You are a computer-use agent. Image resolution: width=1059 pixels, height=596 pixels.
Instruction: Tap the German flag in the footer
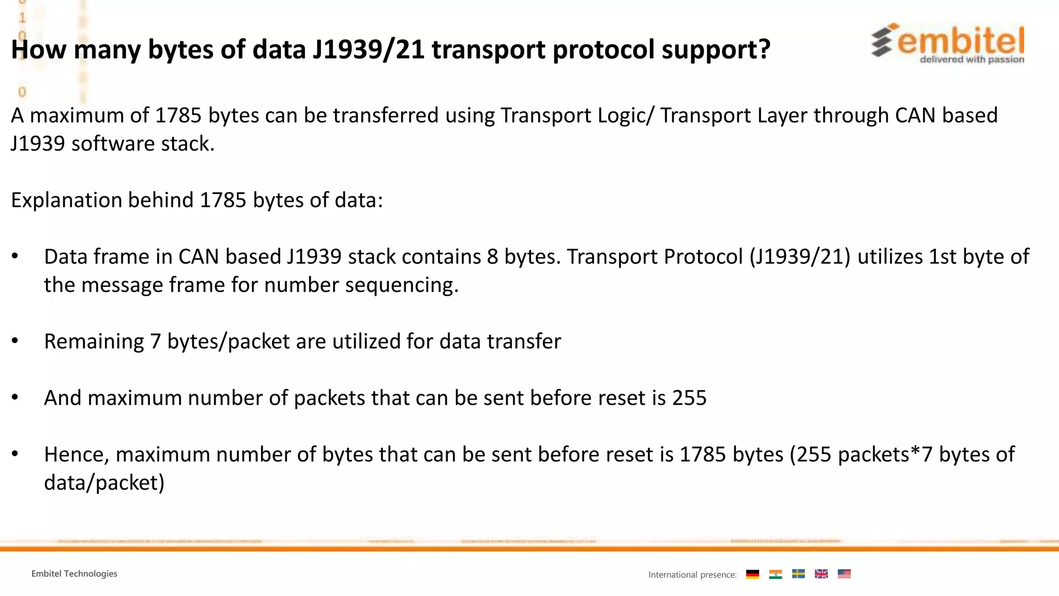click(x=752, y=574)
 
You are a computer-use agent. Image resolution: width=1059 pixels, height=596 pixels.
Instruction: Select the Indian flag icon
click(x=775, y=574)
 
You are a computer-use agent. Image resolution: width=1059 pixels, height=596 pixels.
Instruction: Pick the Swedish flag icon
click(x=798, y=574)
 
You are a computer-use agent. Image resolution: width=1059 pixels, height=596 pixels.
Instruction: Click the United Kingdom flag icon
click(x=821, y=574)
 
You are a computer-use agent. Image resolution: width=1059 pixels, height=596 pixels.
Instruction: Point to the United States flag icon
click(x=844, y=574)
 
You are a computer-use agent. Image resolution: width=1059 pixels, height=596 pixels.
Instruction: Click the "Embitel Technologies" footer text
click(x=74, y=574)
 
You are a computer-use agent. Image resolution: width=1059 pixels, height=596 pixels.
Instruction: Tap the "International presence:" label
click(x=692, y=575)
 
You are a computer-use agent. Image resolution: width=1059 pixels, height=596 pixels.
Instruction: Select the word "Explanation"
click(x=66, y=201)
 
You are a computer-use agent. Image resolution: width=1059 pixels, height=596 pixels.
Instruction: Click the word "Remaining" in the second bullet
click(x=94, y=342)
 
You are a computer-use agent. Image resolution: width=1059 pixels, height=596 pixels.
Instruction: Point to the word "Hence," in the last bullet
click(x=77, y=455)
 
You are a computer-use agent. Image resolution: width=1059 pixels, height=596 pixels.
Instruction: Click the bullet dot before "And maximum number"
click(x=15, y=397)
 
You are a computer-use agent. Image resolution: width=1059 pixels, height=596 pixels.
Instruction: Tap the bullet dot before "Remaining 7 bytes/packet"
click(x=15, y=341)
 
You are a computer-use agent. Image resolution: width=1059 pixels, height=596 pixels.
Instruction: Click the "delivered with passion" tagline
click(x=972, y=59)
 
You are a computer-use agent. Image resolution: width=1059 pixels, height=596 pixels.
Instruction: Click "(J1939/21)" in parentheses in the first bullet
click(x=800, y=257)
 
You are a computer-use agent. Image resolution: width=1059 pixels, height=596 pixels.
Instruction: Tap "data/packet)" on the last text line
click(x=104, y=483)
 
